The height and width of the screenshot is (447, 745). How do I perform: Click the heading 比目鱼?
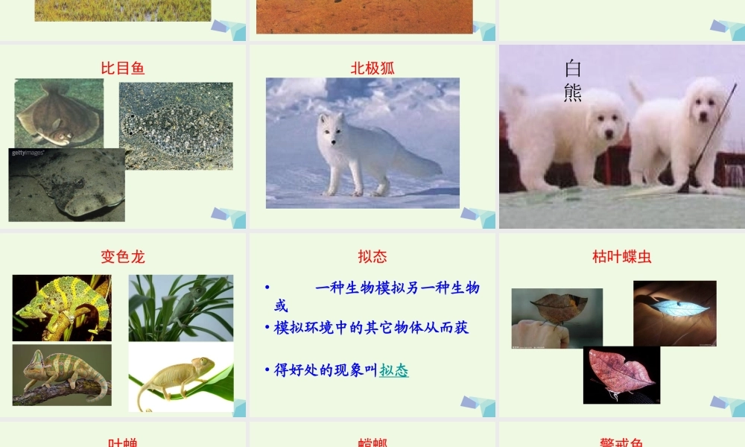click(x=123, y=69)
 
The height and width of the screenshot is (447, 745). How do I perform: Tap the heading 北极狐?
click(x=372, y=69)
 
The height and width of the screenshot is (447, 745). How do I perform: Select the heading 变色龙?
click(x=123, y=257)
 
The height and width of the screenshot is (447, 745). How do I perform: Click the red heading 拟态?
click(x=372, y=257)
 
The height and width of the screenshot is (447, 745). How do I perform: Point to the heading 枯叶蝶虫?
click(x=622, y=257)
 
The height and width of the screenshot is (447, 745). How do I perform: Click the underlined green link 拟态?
click(x=394, y=370)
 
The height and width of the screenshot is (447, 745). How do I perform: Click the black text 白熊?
click(x=573, y=81)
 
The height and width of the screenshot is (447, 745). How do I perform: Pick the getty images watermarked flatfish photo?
click(x=67, y=186)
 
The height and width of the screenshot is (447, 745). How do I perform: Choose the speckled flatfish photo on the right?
click(x=176, y=125)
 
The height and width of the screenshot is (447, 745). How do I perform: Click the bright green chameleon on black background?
click(x=62, y=308)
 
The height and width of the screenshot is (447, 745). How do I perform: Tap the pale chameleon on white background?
click(x=181, y=377)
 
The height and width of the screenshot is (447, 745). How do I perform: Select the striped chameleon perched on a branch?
click(x=62, y=374)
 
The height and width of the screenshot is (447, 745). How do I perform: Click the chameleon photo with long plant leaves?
click(x=181, y=308)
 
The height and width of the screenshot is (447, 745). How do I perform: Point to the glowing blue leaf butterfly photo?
click(x=674, y=313)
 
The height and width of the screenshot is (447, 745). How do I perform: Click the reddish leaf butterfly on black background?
click(x=621, y=374)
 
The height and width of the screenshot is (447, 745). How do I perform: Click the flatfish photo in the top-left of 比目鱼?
click(x=59, y=112)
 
